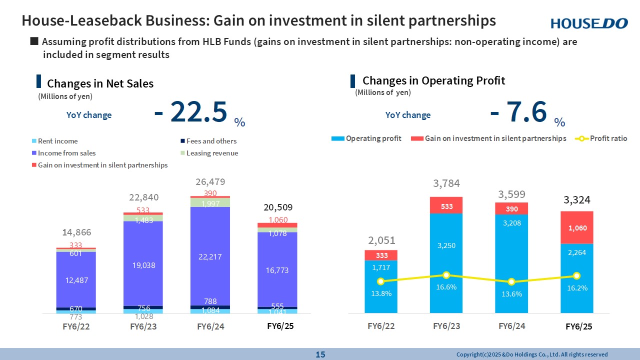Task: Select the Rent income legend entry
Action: point(57,141)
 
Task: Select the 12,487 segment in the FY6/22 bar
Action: point(76,280)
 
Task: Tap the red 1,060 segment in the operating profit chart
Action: point(576,227)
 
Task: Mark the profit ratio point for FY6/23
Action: point(446,275)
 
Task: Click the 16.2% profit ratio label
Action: point(576,288)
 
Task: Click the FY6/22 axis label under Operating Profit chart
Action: point(381,326)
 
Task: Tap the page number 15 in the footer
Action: point(320,354)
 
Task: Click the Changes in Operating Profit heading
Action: point(433,80)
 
